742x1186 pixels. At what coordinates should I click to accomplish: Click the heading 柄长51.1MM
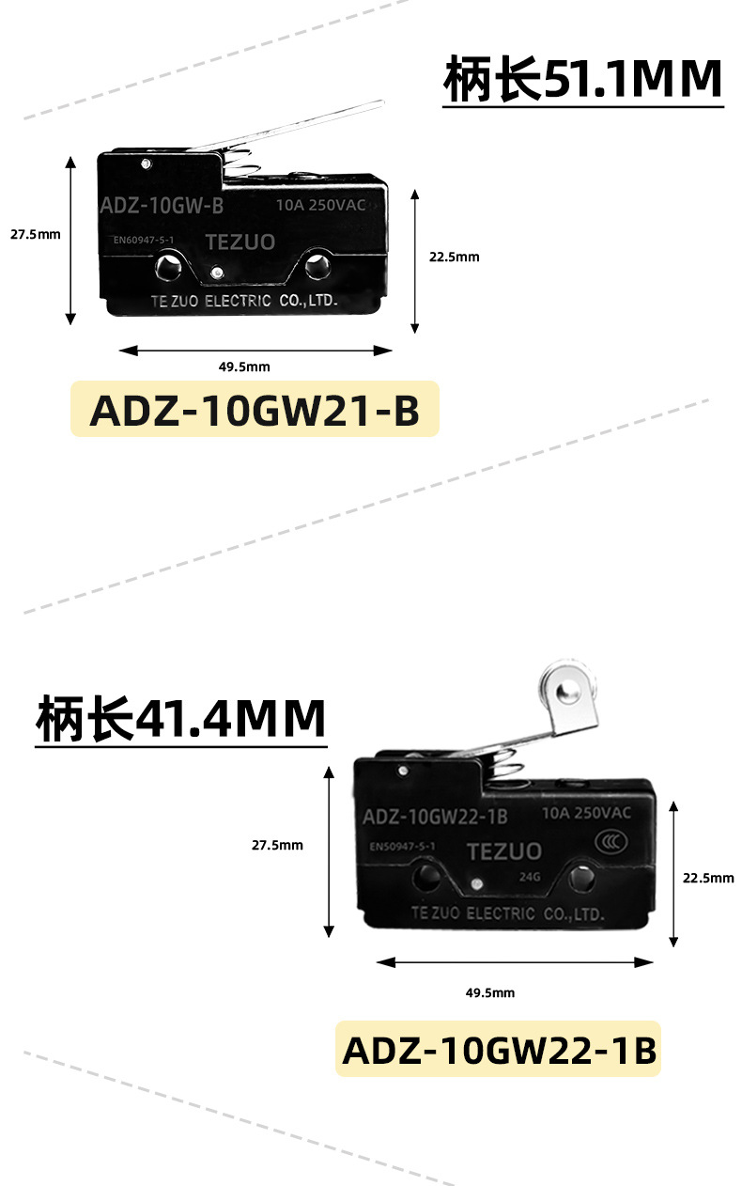[x=582, y=80]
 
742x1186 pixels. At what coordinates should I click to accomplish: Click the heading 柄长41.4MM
[x=180, y=719]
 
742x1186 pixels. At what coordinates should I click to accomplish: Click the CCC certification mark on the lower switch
[x=611, y=842]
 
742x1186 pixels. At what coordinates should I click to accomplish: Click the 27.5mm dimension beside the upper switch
[x=36, y=235]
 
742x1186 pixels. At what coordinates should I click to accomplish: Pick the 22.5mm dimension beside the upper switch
[x=454, y=257]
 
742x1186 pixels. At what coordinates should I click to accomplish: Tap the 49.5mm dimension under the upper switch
[x=244, y=367]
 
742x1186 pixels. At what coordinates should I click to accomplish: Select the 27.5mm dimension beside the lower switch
[x=277, y=845]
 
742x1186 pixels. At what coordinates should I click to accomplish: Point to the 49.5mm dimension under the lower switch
[x=490, y=992]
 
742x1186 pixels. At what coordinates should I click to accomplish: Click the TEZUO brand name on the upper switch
[x=240, y=242]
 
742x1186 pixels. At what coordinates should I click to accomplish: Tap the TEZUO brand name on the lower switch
[x=504, y=851]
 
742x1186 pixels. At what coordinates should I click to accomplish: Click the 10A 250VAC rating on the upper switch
[x=320, y=205]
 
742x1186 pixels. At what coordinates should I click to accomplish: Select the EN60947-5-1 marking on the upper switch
[x=144, y=240]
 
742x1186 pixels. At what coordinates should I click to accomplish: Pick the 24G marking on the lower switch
[x=530, y=878]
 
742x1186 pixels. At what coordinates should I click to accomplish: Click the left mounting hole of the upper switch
[x=169, y=266]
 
